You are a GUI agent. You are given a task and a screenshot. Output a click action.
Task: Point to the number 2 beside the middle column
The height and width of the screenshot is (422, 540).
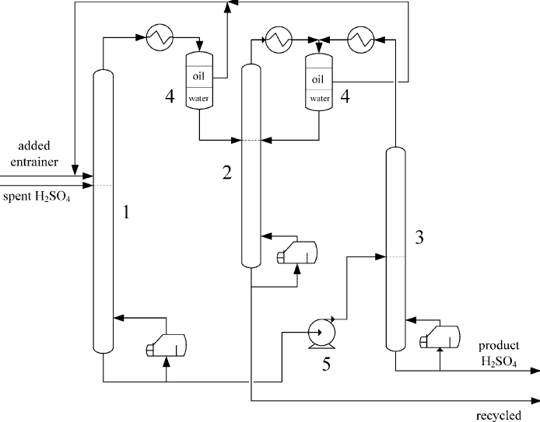tap(227, 173)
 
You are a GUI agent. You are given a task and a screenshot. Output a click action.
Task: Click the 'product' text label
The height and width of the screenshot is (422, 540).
tap(498, 346)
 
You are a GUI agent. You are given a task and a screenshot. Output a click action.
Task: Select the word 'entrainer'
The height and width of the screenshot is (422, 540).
tap(29, 161)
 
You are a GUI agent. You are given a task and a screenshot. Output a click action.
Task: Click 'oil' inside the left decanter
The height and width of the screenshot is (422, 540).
tap(199, 78)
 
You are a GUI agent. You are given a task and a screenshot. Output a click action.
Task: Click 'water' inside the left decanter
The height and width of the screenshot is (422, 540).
tap(199, 99)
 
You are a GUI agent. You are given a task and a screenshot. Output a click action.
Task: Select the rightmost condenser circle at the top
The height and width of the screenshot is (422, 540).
tap(359, 37)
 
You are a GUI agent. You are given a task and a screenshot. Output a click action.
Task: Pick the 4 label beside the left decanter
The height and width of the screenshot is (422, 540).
tap(169, 98)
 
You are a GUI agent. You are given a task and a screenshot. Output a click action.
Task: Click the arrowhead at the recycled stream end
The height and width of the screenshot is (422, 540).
tap(535, 401)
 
